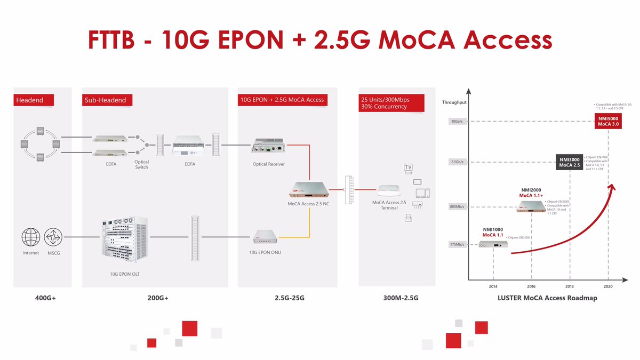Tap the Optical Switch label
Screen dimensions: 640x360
[x=142, y=164]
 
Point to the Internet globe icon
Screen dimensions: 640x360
[x=30, y=236]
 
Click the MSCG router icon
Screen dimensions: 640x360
[x=53, y=236]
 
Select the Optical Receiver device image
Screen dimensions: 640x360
[x=268, y=146]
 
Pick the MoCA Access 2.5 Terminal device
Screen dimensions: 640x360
[x=389, y=190]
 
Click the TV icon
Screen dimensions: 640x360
[x=409, y=167]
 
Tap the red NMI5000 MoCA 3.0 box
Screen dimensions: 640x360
[x=608, y=121]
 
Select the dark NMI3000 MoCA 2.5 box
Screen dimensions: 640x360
[x=570, y=162]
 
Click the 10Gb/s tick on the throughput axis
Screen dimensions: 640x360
[x=458, y=121]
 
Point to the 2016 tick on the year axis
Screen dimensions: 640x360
[x=531, y=286]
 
